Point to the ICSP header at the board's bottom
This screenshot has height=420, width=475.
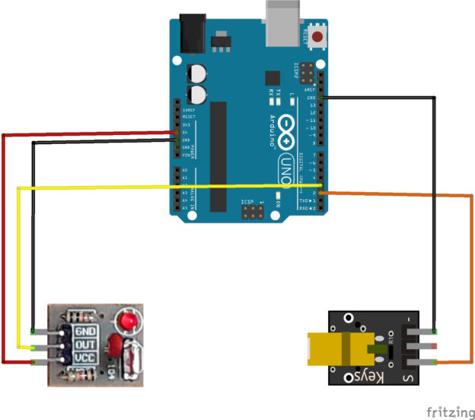click(249, 212)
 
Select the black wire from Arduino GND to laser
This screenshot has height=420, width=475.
click(435, 213)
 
